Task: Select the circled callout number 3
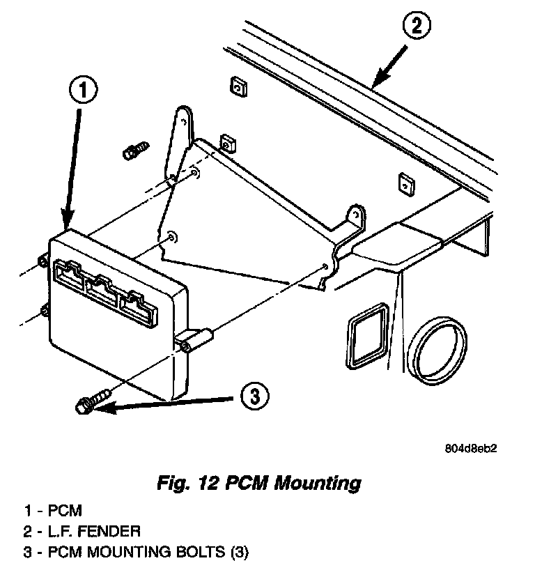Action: tap(254, 397)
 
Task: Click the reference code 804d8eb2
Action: tap(472, 449)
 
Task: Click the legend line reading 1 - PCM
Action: tap(52, 511)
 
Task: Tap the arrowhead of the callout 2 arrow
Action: tap(377, 84)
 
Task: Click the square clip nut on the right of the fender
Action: tap(405, 183)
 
